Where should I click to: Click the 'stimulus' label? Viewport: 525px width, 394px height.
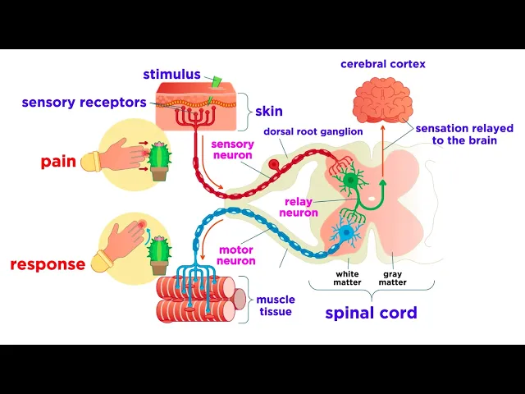click(x=171, y=75)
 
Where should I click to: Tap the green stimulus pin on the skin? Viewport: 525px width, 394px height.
click(x=217, y=82)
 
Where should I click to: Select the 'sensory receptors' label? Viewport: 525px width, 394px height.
click(x=84, y=103)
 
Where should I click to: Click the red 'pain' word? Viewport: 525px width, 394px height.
click(x=58, y=162)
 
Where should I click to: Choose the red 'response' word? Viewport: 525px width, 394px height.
click(x=48, y=264)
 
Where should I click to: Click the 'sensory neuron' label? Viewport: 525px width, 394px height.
click(x=233, y=149)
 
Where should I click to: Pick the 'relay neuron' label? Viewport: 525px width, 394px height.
click(x=300, y=207)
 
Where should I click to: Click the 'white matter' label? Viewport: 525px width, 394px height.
click(x=348, y=278)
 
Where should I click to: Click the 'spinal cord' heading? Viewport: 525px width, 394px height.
click(x=371, y=313)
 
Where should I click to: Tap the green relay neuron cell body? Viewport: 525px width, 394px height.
click(x=352, y=180)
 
